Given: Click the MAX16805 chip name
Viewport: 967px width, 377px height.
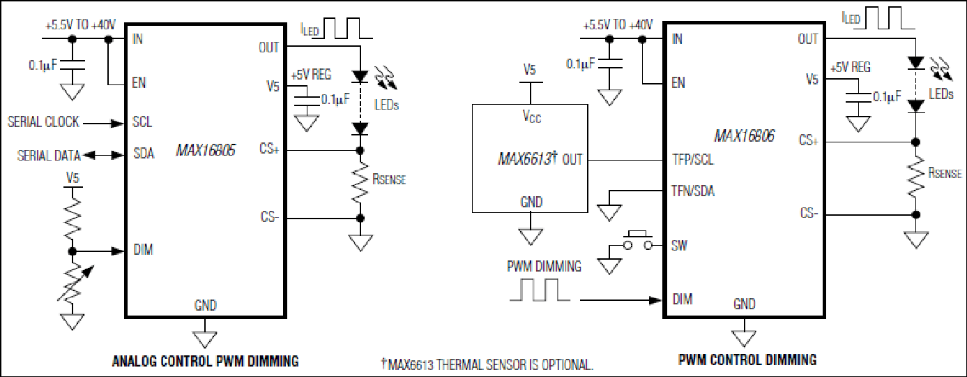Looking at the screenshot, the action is (x=206, y=150).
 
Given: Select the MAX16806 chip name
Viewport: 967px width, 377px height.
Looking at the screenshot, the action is (x=744, y=136).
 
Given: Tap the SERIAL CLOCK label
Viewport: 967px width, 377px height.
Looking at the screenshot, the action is (x=43, y=122).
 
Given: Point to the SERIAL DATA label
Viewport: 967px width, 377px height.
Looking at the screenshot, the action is (x=49, y=156).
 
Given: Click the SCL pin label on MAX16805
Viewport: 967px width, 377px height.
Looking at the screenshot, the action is (x=142, y=122).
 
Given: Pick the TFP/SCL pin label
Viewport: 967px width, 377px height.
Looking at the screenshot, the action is (x=693, y=160).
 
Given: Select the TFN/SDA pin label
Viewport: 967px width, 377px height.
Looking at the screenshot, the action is (x=693, y=191).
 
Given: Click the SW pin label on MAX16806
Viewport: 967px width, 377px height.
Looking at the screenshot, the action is (x=679, y=246).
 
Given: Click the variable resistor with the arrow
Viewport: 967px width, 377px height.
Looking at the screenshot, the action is (x=73, y=283).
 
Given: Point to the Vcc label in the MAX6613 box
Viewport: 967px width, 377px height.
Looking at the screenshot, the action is (x=531, y=117).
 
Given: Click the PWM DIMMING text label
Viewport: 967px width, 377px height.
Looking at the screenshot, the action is (x=544, y=266).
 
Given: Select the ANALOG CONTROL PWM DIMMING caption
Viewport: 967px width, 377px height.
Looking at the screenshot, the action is (x=206, y=361).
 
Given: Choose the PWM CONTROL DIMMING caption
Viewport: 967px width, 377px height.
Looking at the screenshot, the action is (x=747, y=360).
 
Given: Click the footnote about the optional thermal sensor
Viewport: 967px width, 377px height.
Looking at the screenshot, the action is (x=487, y=364).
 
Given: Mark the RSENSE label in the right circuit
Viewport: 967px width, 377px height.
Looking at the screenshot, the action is (x=945, y=173).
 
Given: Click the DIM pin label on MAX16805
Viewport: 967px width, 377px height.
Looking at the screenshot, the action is (x=143, y=249).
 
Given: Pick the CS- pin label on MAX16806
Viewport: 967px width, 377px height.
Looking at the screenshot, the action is (x=809, y=213).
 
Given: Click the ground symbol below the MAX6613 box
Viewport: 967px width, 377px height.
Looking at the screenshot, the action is (x=531, y=237).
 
